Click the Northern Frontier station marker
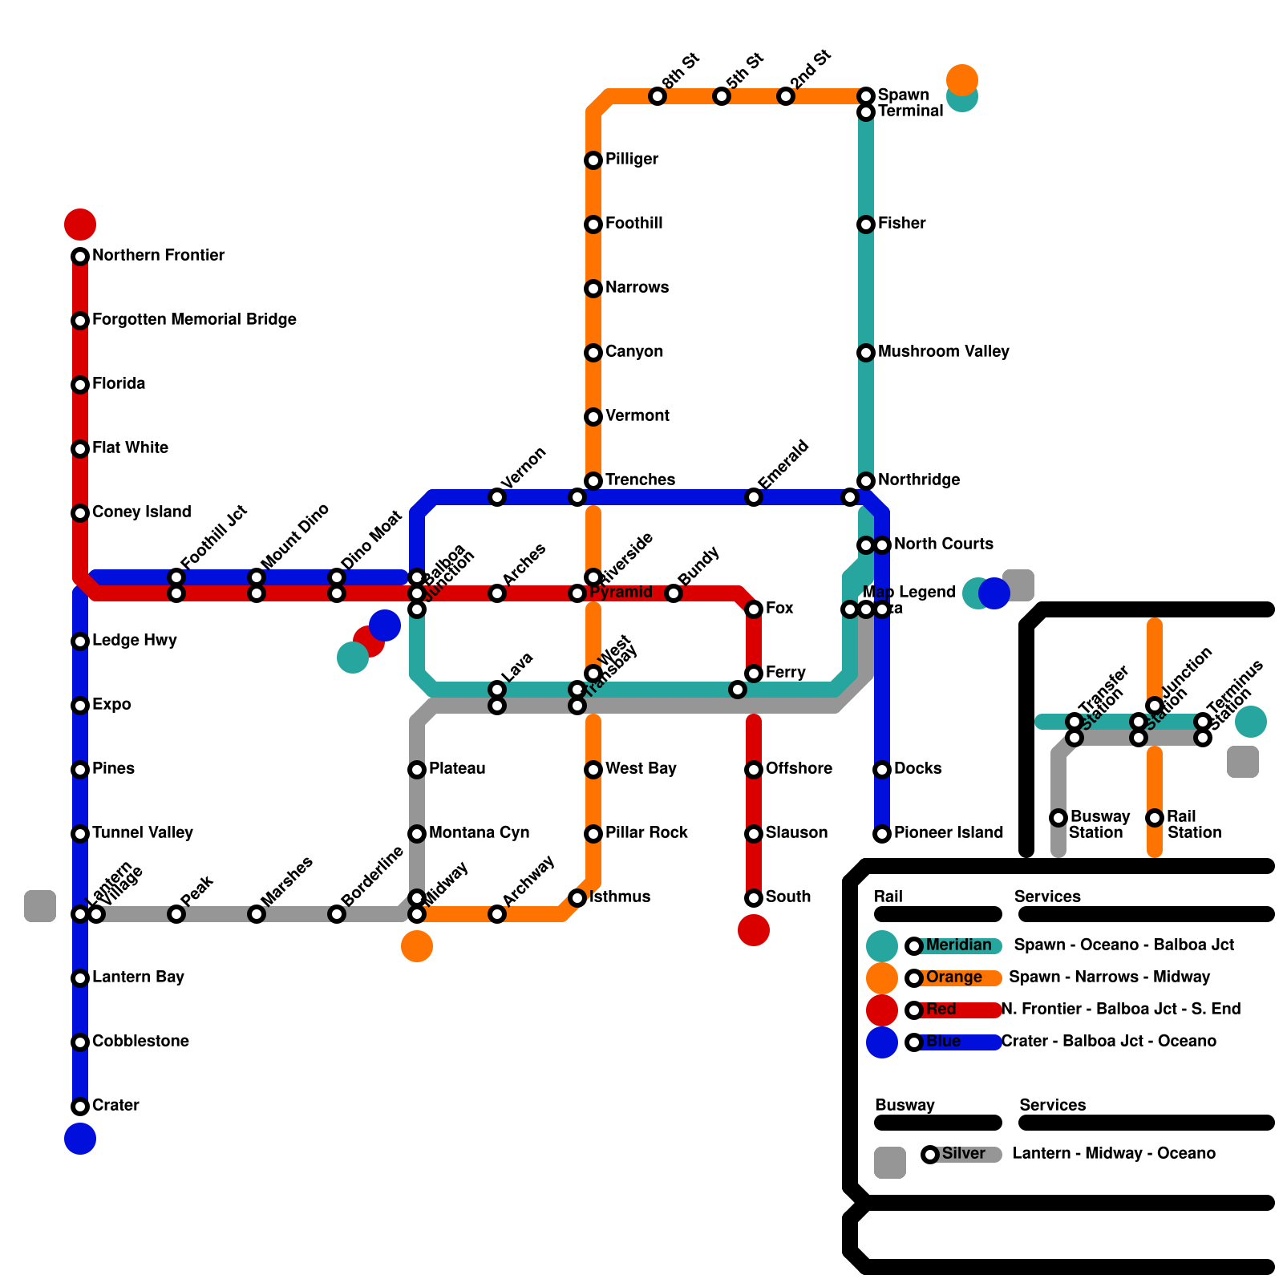pyautogui.click(x=80, y=257)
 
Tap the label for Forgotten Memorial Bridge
pyautogui.click(x=194, y=320)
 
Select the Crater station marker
pyautogui.click(x=80, y=1107)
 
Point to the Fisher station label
pyautogui.click(x=901, y=224)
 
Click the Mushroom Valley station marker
pyautogui.click(x=866, y=353)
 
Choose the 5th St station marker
pyautogui.click(x=722, y=96)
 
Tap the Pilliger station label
pyautogui.click(x=632, y=160)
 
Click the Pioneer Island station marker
pyautogui.click(x=882, y=834)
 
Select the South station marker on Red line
pyautogui.click(x=754, y=898)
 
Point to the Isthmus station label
pyautogui.click(x=620, y=897)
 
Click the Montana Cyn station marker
pyautogui.click(x=417, y=834)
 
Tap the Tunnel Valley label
pyautogui.click(x=143, y=833)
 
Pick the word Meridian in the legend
pyautogui.click(x=958, y=945)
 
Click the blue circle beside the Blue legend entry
pyautogui.click(x=882, y=1042)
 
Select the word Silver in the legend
pyautogui.click(x=963, y=1154)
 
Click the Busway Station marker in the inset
pyautogui.click(x=1058, y=818)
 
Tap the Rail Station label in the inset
pyautogui.click(x=1194, y=825)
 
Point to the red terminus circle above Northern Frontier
pyautogui.click(x=80, y=225)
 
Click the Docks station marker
pyautogui.click(x=882, y=770)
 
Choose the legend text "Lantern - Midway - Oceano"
pyautogui.click(x=1114, y=1154)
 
